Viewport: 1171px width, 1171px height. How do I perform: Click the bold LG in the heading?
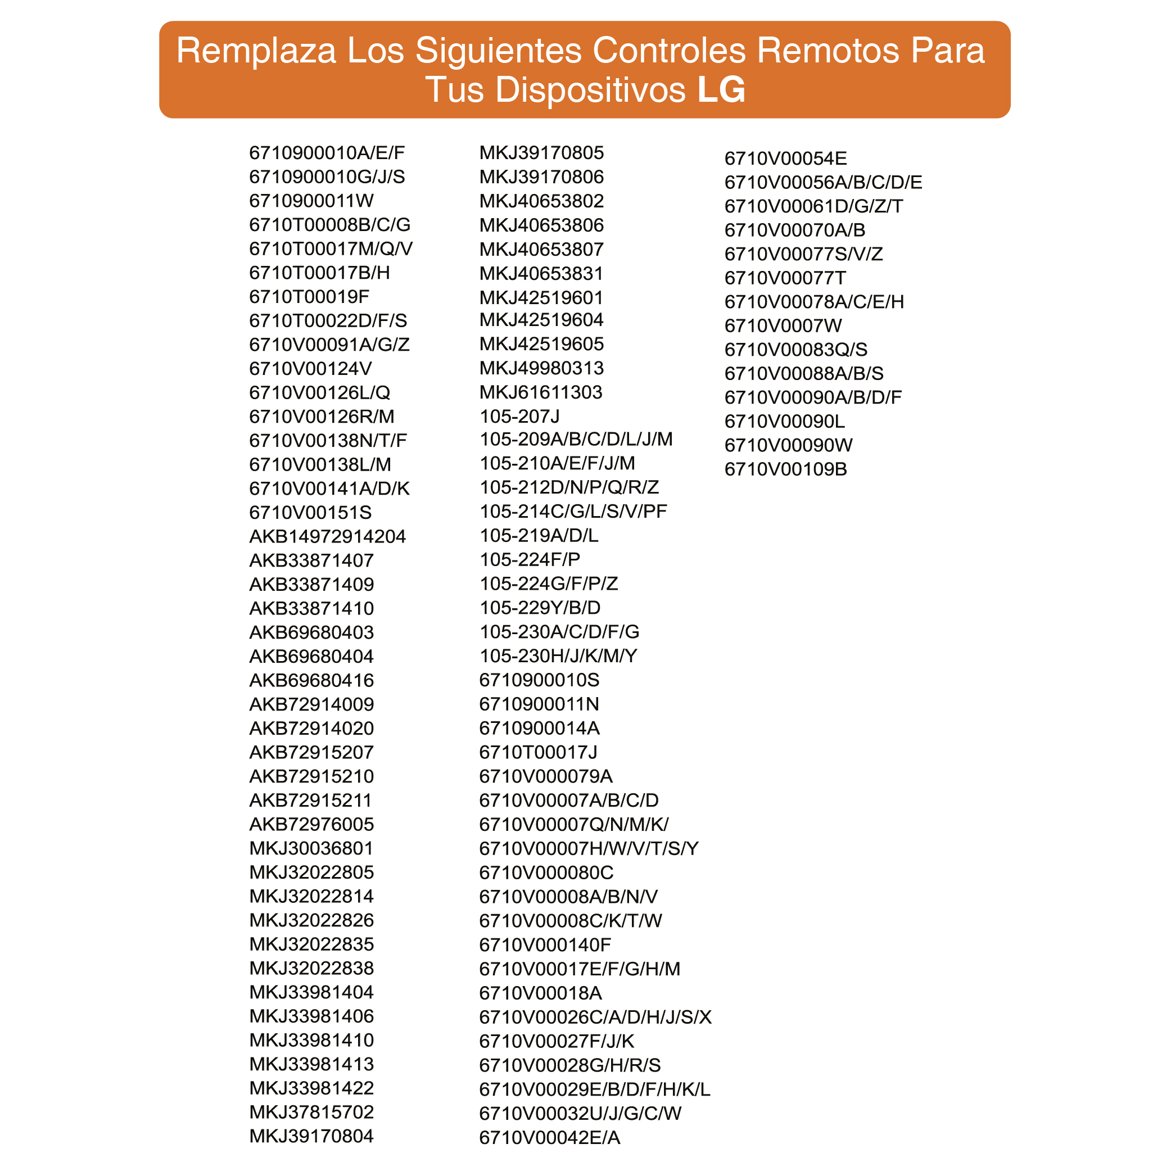[721, 90]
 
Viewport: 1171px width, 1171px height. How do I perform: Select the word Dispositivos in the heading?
[590, 90]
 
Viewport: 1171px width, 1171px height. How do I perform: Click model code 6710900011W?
[311, 201]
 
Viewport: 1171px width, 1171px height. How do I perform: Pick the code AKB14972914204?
[327, 536]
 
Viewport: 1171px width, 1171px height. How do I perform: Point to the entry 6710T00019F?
[309, 296]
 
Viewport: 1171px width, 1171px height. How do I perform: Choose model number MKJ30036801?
[311, 848]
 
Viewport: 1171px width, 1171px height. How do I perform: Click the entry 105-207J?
[519, 417]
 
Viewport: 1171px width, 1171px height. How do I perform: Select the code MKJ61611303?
[541, 392]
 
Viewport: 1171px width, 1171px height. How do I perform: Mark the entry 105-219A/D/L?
[539, 535]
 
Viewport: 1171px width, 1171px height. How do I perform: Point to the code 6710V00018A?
[540, 993]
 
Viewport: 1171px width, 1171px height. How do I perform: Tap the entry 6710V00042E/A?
[549, 1138]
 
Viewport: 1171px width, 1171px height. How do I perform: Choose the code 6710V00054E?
[785, 158]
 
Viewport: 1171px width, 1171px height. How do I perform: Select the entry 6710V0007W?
[783, 325]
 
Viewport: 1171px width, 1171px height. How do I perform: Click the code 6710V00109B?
[785, 469]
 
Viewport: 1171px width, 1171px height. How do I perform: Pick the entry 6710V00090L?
[784, 421]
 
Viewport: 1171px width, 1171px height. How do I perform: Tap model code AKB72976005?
[311, 824]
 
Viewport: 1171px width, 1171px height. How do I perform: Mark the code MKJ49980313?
[541, 368]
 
